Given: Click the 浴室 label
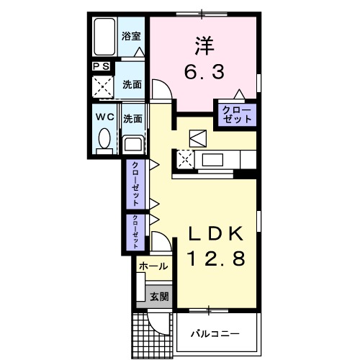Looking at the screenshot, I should point(130,35).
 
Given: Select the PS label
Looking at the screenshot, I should point(100,66).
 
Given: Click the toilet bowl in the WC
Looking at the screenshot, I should point(103,138).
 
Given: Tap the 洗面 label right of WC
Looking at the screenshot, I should point(131,118).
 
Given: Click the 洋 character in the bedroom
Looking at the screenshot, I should point(204,45).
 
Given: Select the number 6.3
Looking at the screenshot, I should point(204,71).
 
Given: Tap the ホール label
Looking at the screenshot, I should point(153,266).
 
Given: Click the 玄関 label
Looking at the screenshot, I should point(158,294).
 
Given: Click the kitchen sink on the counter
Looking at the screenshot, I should point(214,159).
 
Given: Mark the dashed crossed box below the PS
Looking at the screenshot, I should point(102,86).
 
